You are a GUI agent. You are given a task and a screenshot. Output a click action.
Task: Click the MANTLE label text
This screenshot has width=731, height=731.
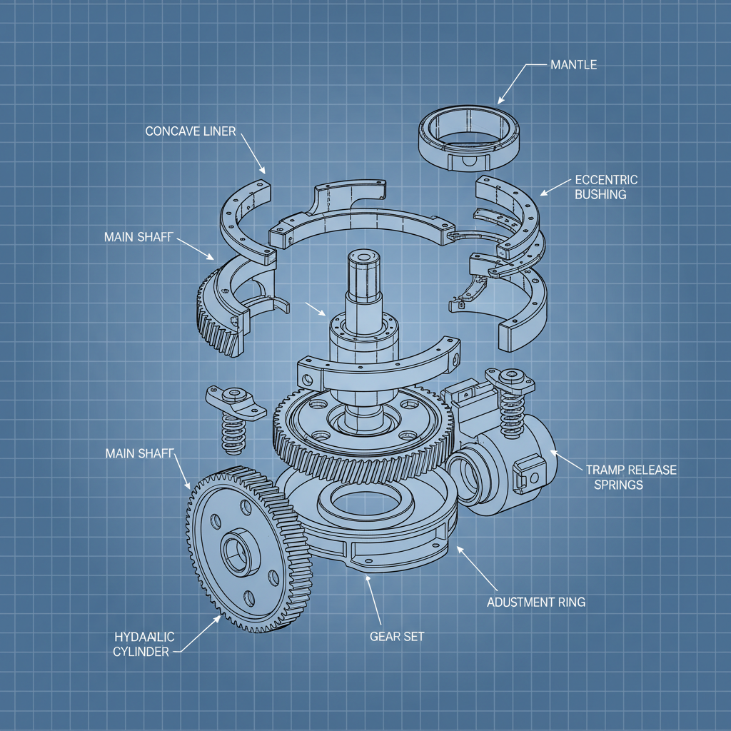(x=573, y=65)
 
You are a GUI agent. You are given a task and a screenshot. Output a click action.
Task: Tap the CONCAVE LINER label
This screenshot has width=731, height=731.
(x=190, y=131)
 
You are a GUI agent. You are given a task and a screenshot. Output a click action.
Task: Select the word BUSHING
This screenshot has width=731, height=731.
(x=600, y=194)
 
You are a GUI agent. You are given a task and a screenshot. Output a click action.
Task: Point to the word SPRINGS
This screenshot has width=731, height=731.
(x=618, y=485)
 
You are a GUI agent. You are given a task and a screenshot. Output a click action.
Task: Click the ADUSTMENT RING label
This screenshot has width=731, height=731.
(x=535, y=602)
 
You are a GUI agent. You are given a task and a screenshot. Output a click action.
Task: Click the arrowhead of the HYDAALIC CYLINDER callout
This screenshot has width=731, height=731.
(x=218, y=617)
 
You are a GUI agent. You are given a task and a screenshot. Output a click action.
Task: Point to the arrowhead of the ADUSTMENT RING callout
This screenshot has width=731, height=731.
(x=458, y=548)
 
